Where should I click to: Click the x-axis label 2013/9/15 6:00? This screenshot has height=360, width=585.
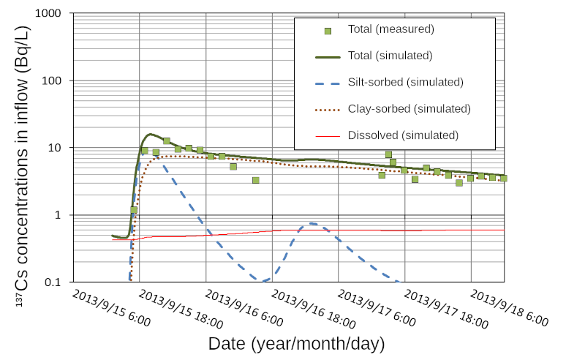(111, 308)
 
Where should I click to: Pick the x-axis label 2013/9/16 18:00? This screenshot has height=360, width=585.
(313, 308)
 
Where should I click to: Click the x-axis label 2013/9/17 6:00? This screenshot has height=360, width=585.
(380, 308)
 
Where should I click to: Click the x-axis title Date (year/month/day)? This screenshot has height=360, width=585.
(295, 343)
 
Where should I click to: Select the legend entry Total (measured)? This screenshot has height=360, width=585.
(391, 30)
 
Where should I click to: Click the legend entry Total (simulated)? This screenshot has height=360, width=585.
(391, 56)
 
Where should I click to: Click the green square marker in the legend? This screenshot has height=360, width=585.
(328, 30)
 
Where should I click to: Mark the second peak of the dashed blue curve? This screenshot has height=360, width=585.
(312, 223)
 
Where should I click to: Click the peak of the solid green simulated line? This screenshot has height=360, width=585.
(151, 134)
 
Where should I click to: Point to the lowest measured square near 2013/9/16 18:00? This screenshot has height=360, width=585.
(256, 180)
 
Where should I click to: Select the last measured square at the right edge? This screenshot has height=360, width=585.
(504, 178)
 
